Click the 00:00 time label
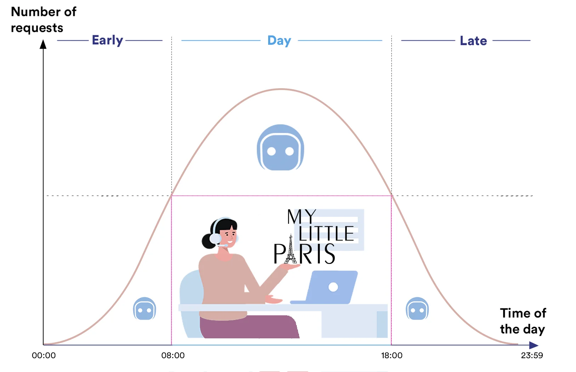pos(44,355)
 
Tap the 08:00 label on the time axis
pos(173,355)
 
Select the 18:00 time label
pos(392,355)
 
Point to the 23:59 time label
pos(532,355)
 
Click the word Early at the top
pos(107,41)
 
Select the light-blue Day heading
pos(279,41)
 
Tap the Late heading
pos(473,41)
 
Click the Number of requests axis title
pos(44,20)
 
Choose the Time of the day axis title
pos(523,321)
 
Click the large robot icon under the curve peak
pos(280,147)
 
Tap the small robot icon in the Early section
pos(145,309)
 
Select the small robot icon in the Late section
pos(417,309)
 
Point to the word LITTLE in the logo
pos(326,233)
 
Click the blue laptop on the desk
pos(324,287)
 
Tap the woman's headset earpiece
pos(215,238)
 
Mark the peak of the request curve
pos(281,89)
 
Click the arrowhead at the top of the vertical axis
pos(43,44)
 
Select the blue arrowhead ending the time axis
pos(533,345)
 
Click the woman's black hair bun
pos(208,241)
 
